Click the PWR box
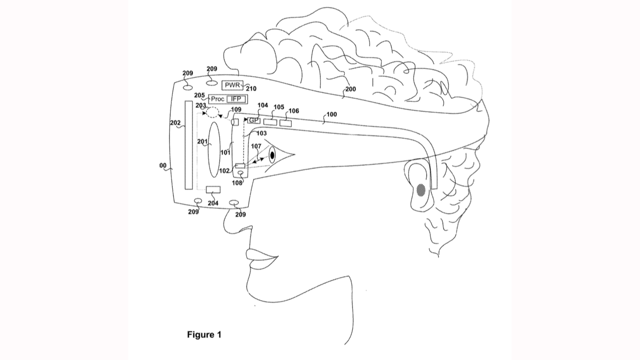click(x=232, y=85)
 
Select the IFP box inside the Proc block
click(x=236, y=99)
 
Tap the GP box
click(x=254, y=121)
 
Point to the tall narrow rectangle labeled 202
click(x=188, y=145)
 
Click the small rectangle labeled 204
click(x=213, y=190)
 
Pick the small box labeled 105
click(x=270, y=122)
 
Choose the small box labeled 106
click(x=285, y=123)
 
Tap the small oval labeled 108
click(x=241, y=173)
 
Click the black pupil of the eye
click(x=272, y=155)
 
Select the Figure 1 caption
click(x=204, y=334)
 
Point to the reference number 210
click(x=251, y=89)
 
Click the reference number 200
click(x=350, y=89)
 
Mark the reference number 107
click(x=256, y=146)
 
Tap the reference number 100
click(x=331, y=114)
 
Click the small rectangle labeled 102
click(x=240, y=166)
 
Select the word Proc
click(x=218, y=99)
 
